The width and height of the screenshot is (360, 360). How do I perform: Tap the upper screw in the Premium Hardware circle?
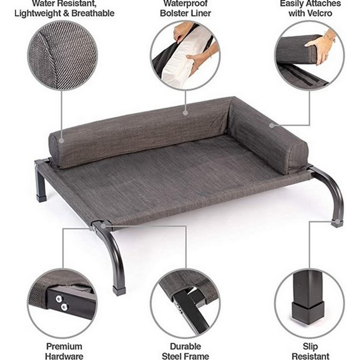(59, 298)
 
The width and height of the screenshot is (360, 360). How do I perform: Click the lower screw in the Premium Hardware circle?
(64, 307)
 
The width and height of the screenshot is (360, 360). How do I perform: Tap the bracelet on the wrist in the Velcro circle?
(329, 37)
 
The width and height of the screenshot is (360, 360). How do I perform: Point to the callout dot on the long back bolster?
(185, 113)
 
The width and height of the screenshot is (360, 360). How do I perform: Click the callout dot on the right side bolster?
(272, 125)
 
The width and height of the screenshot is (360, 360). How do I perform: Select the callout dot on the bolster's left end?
(62, 141)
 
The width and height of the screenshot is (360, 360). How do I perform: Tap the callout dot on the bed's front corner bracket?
(103, 226)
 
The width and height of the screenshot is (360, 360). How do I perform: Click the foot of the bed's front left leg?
(119, 291)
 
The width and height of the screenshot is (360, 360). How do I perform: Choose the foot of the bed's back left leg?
(41, 199)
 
